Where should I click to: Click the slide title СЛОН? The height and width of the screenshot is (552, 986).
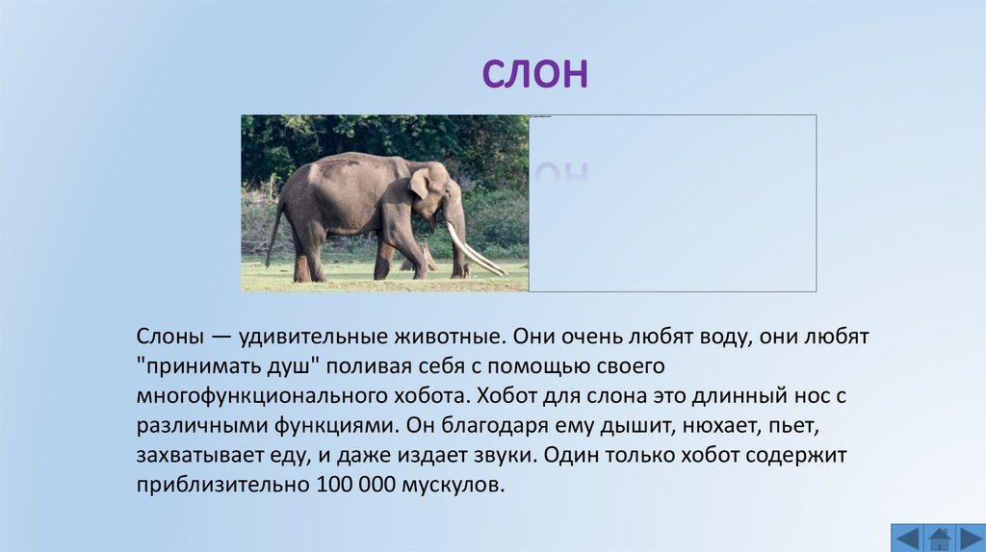coord(534,74)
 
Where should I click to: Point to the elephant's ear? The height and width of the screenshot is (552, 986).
coord(420,183)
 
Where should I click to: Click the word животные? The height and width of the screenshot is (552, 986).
coord(447,338)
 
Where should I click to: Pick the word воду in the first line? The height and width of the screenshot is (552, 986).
coord(725,338)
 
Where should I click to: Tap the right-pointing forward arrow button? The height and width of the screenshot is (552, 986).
coord(969,538)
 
